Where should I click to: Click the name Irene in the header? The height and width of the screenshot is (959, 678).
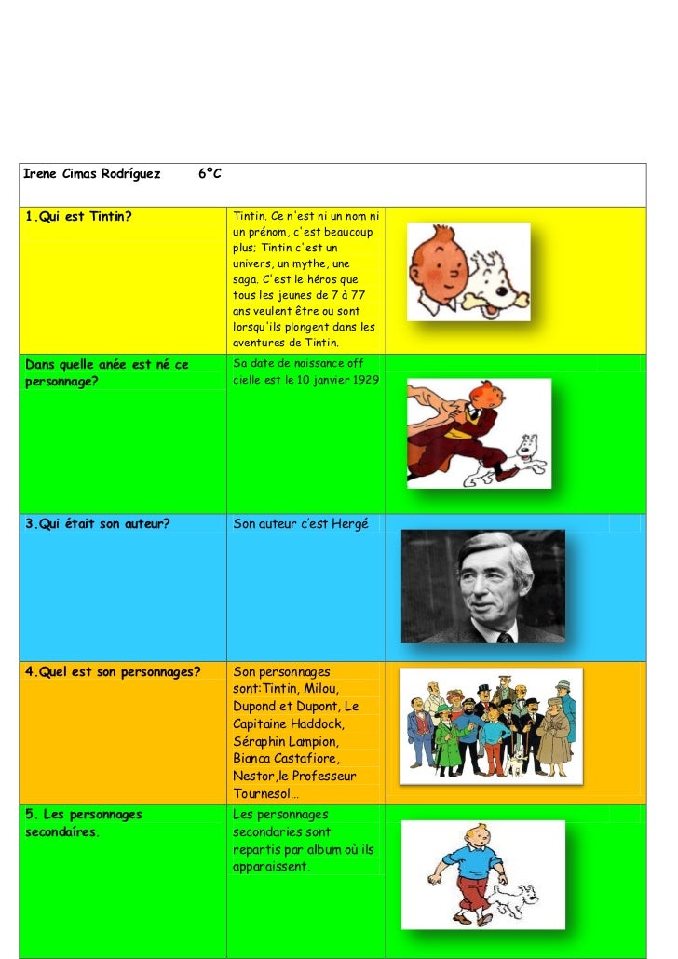(x=39, y=174)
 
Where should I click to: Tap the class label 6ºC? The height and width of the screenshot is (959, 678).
(x=210, y=174)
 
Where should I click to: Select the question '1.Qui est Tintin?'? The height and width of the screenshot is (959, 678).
(x=78, y=218)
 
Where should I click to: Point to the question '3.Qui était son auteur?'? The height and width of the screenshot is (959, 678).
(x=98, y=524)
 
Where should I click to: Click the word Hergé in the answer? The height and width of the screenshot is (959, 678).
(x=349, y=524)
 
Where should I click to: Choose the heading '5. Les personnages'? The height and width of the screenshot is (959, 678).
(x=84, y=815)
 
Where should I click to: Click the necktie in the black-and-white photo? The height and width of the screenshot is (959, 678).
(x=505, y=637)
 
